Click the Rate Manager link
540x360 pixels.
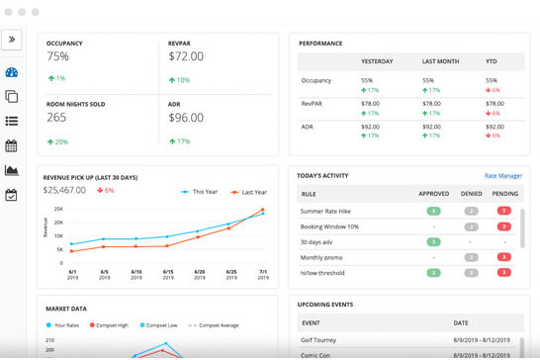503,176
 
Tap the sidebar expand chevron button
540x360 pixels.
12,41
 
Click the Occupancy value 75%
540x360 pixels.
58,56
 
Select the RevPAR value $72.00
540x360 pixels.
193,56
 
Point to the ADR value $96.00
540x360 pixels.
193,117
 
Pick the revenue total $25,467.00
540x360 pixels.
65,190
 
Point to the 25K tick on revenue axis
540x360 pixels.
58,209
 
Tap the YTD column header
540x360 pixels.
492,59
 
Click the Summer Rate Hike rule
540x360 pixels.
328,211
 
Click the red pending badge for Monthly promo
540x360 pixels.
504,256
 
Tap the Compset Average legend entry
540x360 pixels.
233,324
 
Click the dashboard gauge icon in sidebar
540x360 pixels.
12,72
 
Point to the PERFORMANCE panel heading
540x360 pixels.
321,44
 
